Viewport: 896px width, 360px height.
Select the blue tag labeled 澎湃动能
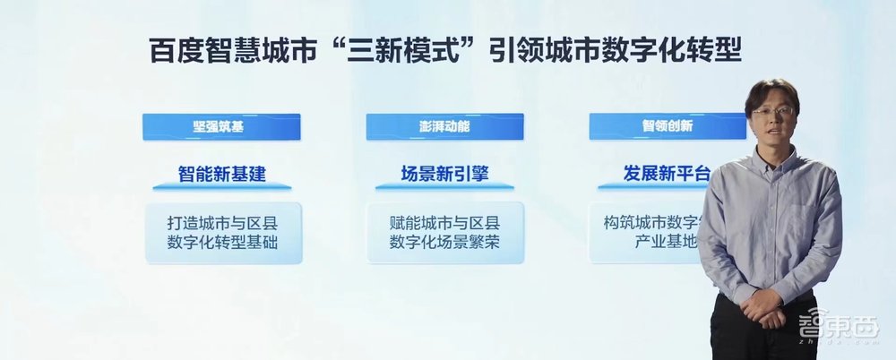[444, 126]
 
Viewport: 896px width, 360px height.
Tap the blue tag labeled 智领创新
[667, 126]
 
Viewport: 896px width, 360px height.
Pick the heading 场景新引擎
[444, 173]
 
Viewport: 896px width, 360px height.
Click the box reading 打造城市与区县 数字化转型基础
[224, 233]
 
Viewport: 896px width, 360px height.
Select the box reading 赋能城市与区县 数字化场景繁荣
[444, 233]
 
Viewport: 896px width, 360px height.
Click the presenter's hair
[772, 89]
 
